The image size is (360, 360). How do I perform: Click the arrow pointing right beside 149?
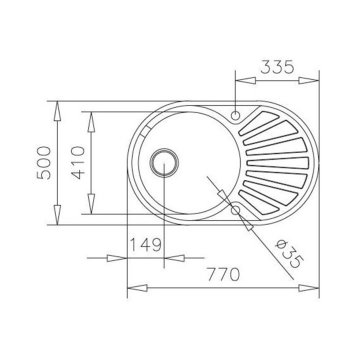pos(126,258)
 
